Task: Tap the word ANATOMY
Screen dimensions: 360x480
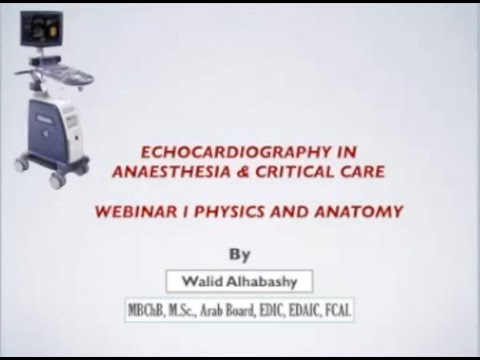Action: click(362, 212)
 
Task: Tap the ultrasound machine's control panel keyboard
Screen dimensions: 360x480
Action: click(60, 76)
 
